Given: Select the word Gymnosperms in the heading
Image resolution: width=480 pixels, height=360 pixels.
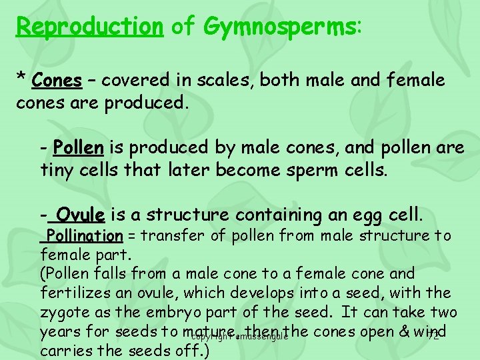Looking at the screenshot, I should click(279, 27).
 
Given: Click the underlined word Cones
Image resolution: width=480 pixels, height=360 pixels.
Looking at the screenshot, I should click(57, 81).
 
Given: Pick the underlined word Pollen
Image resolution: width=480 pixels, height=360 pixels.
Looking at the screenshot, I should click(78, 146).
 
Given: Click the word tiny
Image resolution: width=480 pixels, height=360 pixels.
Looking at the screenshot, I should click(57, 169).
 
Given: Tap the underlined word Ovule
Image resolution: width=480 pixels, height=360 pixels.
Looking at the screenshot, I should click(81, 214).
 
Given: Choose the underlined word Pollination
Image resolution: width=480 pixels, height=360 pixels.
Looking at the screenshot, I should click(85, 235).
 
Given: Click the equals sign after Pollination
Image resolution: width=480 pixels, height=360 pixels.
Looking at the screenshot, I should click(132, 235).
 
